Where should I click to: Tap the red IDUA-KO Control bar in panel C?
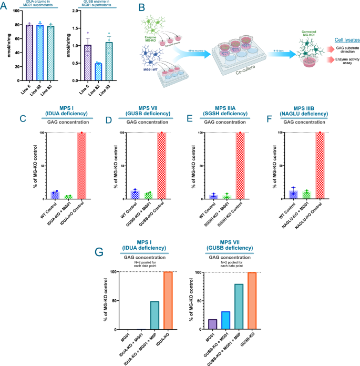(82, 166)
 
